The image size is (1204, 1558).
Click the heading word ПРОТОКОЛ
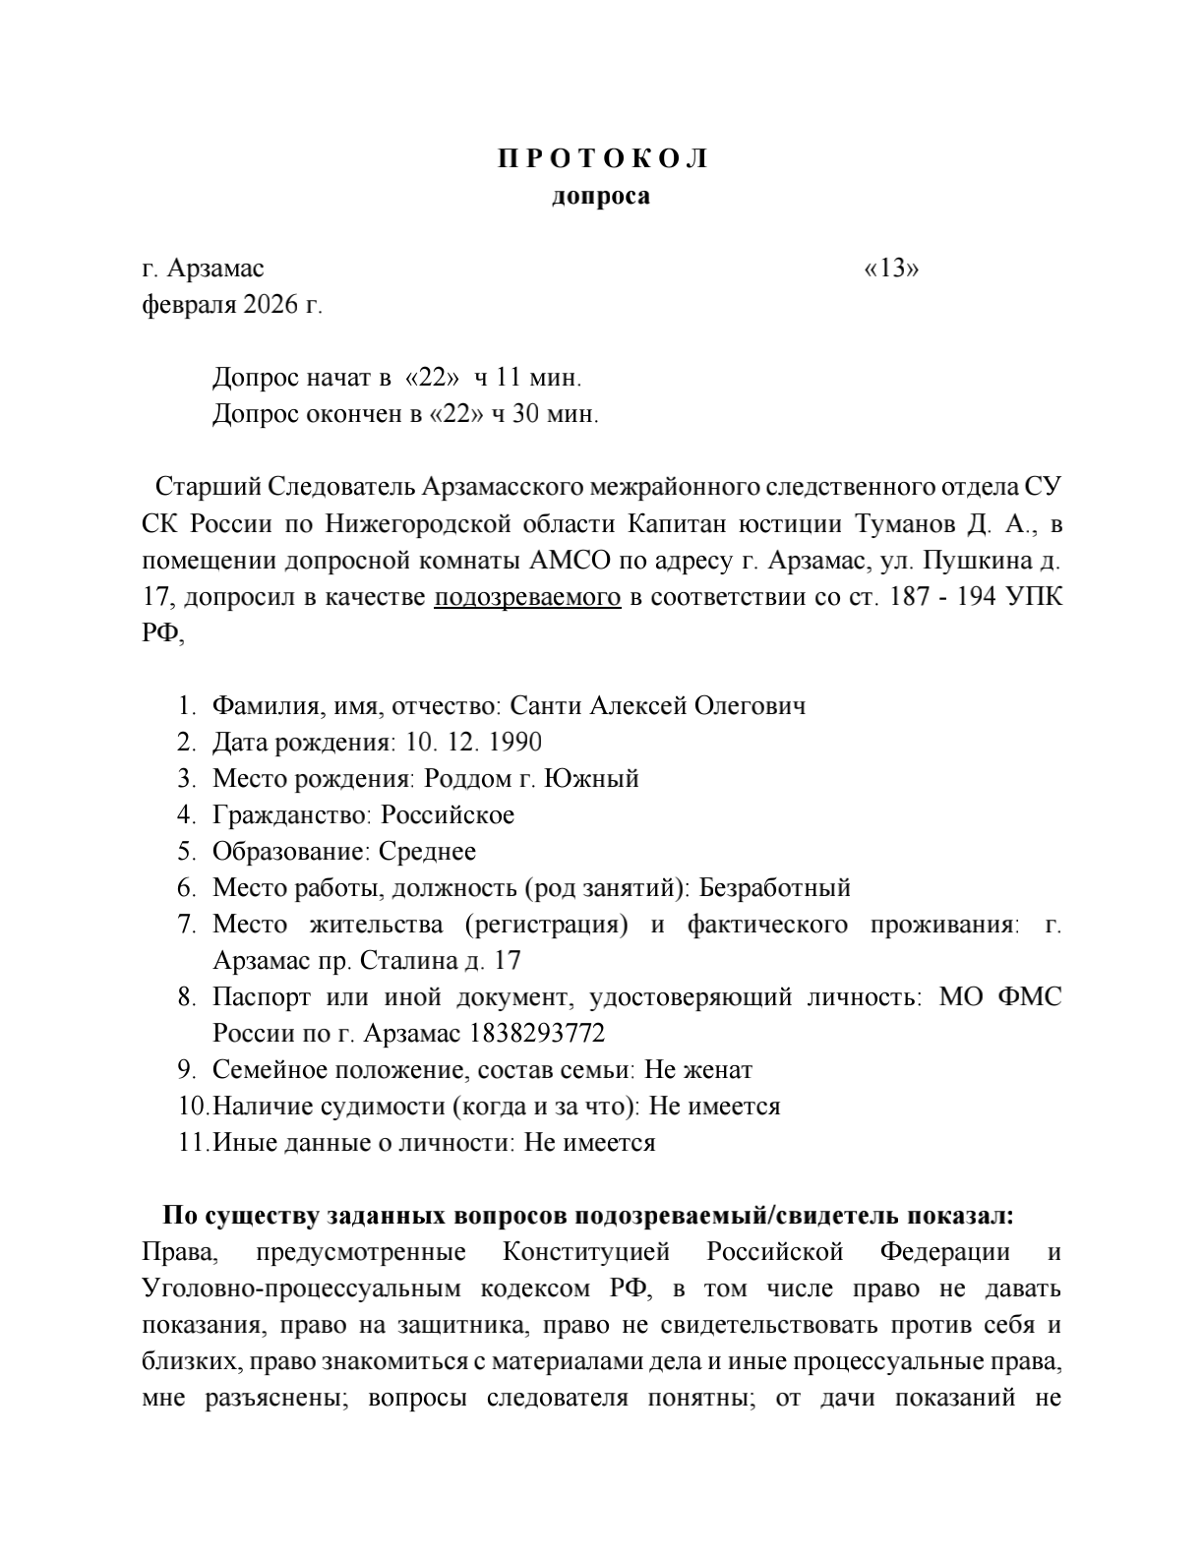[602, 159]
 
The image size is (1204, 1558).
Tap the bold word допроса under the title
[601, 196]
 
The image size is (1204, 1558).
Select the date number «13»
[891, 269]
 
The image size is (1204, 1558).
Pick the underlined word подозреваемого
[527, 597]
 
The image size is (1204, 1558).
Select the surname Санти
[547, 706]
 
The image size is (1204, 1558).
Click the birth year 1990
[514, 743]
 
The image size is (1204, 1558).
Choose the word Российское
[448, 815]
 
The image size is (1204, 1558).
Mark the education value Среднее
[427, 852]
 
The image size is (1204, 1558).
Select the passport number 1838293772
[537, 1034]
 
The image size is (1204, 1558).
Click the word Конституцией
[586, 1252]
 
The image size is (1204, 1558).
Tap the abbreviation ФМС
[1029, 997]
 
